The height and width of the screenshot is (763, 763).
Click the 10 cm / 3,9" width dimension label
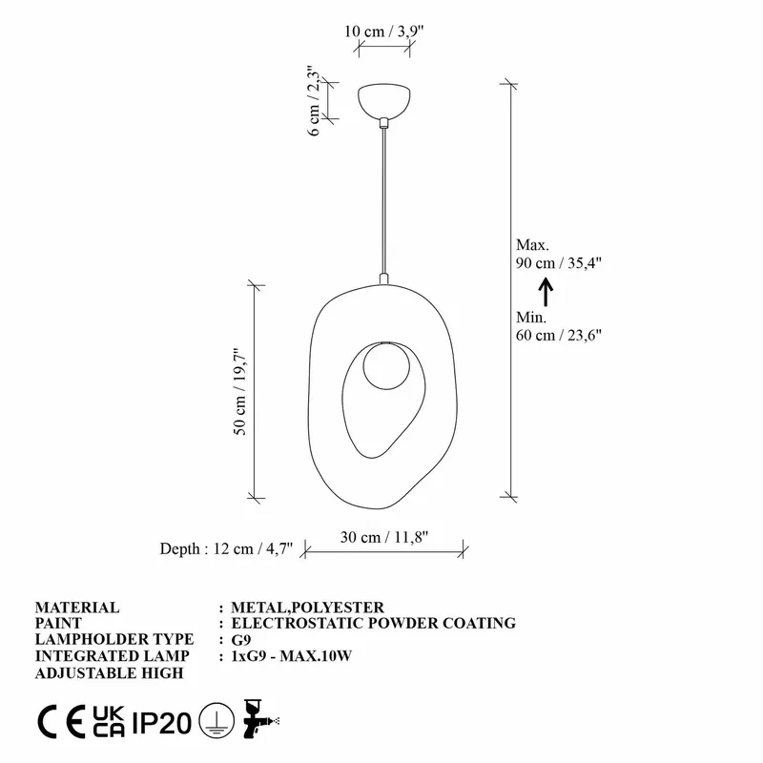coord(383,31)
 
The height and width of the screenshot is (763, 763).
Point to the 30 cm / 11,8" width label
coord(384,536)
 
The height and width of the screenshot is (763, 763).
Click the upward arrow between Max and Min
coord(546,290)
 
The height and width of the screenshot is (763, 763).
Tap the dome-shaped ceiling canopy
coord(383,100)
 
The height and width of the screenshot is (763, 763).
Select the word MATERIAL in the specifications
coord(77,607)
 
